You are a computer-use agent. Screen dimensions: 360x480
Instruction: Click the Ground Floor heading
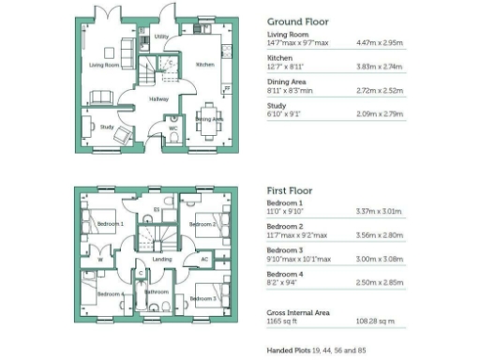(x=297, y=22)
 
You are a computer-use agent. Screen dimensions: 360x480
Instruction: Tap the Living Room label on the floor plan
(x=104, y=66)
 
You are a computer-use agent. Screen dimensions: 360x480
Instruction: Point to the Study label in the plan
(x=107, y=127)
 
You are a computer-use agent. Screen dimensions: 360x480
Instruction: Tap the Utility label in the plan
(x=160, y=37)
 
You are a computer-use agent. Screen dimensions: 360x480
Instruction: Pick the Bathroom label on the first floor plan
(x=157, y=292)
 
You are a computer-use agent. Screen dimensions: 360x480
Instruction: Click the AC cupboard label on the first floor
(x=204, y=260)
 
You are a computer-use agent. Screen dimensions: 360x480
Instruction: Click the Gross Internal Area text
(x=295, y=312)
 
